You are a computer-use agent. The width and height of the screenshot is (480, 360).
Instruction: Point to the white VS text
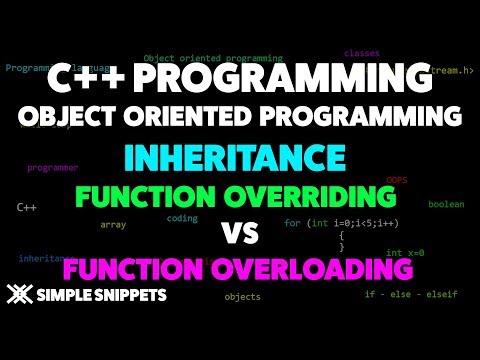click(240, 233)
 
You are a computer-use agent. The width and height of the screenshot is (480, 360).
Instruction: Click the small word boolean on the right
click(446, 204)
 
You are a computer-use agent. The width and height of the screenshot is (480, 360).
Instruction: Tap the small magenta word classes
click(360, 52)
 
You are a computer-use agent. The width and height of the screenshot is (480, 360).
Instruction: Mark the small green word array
click(113, 225)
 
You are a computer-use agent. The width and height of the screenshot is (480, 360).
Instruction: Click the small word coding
click(182, 217)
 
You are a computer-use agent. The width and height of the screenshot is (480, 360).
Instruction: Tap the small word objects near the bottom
click(242, 297)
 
